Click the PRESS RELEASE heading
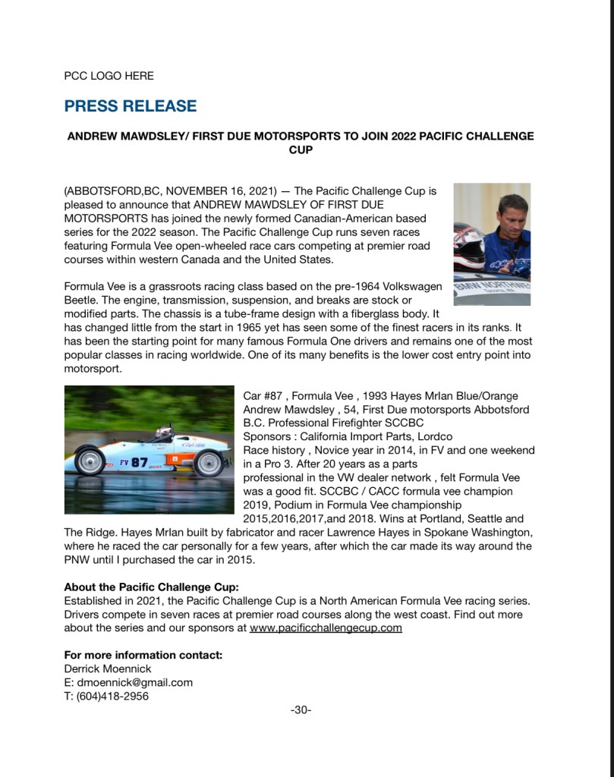pyautogui.click(x=130, y=106)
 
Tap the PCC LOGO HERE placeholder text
pyautogui.click(x=109, y=76)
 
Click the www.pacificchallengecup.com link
pyautogui.click(x=326, y=628)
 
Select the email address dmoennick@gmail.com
pyautogui.click(x=134, y=682)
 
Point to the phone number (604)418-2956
pyautogui.click(x=112, y=696)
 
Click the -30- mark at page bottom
pyautogui.click(x=301, y=710)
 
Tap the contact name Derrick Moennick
pyautogui.click(x=107, y=668)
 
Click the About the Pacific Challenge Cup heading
pyautogui.click(x=151, y=587)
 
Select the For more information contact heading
pyautogui.click(x=143, y=655)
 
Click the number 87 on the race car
pyautogui.click(x=140, y=462)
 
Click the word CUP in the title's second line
pyautogui.click(x=301, y=150)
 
